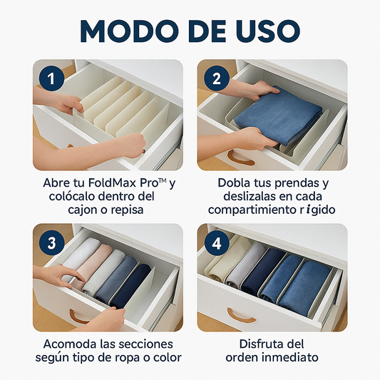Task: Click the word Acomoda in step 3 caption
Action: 61,344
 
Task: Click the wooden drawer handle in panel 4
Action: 242,315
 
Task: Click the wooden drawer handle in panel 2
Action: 240,155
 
